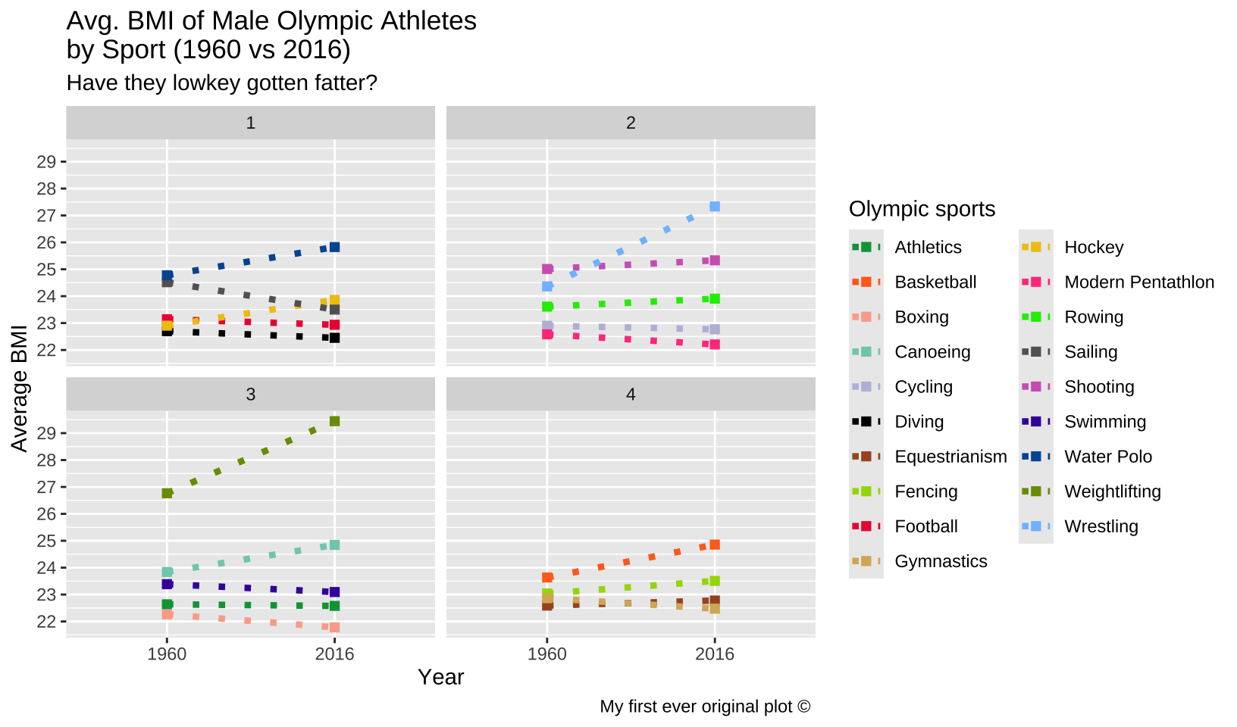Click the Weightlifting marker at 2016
pos(334,421)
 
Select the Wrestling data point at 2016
pos(715,207)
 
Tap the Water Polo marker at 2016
pos(334,247)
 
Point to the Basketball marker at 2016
pos(715,544)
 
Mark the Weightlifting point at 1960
pos(167,493)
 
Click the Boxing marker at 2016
pos(334,627)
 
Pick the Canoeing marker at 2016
pos(334,545)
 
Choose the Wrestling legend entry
pos(1101,526)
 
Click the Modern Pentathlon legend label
pos(1138,282)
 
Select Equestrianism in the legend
pos(950,457)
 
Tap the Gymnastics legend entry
pos(941,561)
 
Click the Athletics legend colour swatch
pos(866,247)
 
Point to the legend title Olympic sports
pos(922,209)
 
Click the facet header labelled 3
pos(250,394)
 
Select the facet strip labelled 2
pos(631,123)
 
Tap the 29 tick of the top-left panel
pos(47,161)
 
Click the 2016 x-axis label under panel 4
pos(715,654)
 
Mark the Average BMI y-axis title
pos(20,388)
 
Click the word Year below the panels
pos(440,677)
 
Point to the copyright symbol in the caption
pos(804,707)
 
